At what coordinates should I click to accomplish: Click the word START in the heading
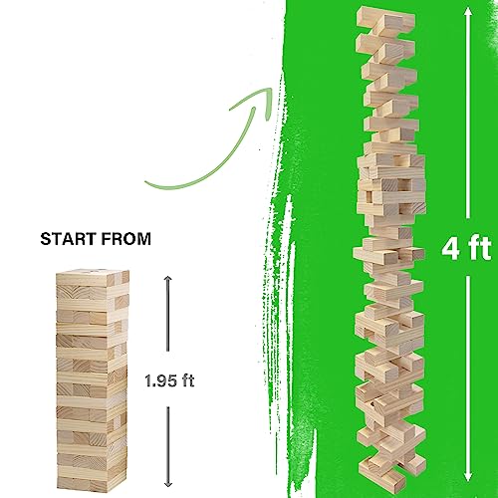(x=65, y=239)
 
